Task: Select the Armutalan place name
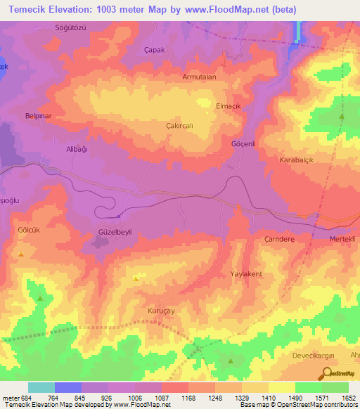click(198, 77)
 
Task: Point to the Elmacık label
click(229, 105)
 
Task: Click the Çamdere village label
click(278, 239)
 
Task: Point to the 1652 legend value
click(348, 398)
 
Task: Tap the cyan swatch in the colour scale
click(41, 387)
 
